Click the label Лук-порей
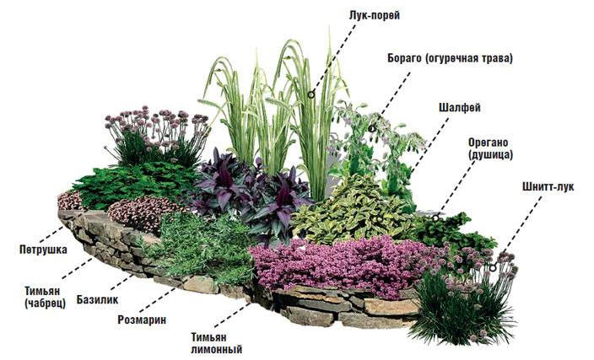tap(374, 16)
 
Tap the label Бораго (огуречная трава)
tap(450, 59)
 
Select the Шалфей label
tap(460, 108)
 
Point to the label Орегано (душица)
tap(490, 148)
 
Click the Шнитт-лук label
tap(548, 186)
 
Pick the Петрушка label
tap(44, 250)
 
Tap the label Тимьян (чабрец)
tap(45, 297)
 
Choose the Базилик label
tap(97, 300)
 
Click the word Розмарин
tap(142, 320)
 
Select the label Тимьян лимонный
tap(216, 343)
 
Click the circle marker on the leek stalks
tap(310, 94)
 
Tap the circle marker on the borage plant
tap(371, 129)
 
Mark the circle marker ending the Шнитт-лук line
tap(493, 268)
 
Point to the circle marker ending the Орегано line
tap(435, 218)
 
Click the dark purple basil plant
tap(250, 193)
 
